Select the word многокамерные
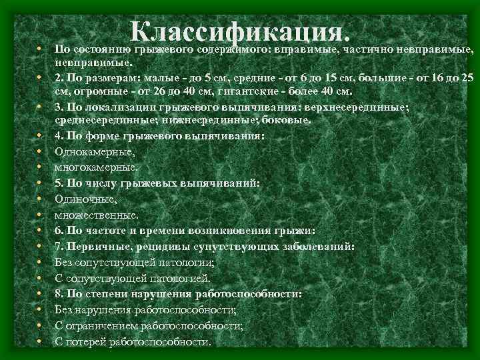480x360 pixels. click(x=87, y=167)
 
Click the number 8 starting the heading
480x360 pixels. click(x=59, y=293)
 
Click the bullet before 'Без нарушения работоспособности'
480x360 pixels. click(x=40, y=310)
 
